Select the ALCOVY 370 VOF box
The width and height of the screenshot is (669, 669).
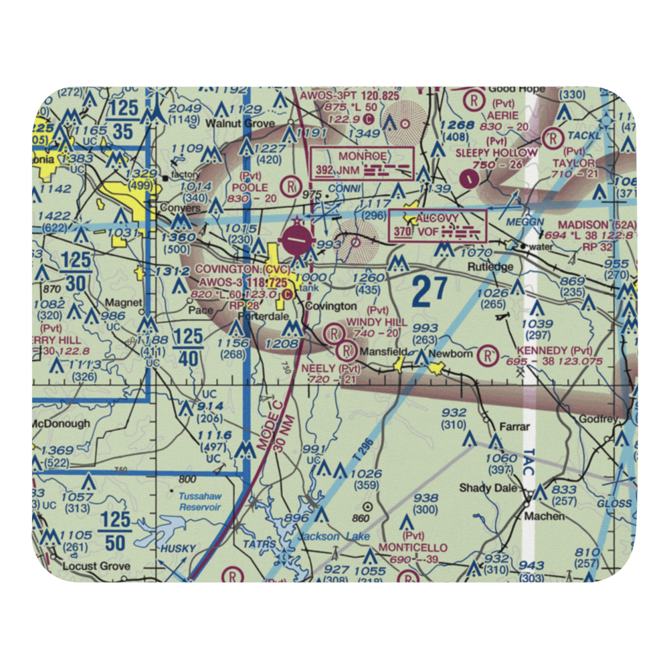point(438,225)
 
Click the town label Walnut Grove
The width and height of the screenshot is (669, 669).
point(231,124)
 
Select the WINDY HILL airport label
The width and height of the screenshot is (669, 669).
point(377,322)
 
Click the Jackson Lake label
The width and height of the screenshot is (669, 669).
point(324,537)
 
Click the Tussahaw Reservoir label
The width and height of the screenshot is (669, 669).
point(199,502)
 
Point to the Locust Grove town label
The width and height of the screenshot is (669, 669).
point(96,566)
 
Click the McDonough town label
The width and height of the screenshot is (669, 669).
point(61,423)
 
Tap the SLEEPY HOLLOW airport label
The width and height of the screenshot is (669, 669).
point(497,153)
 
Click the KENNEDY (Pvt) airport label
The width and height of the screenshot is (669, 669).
point(555,351)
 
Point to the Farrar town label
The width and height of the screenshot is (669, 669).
point(515,426)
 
